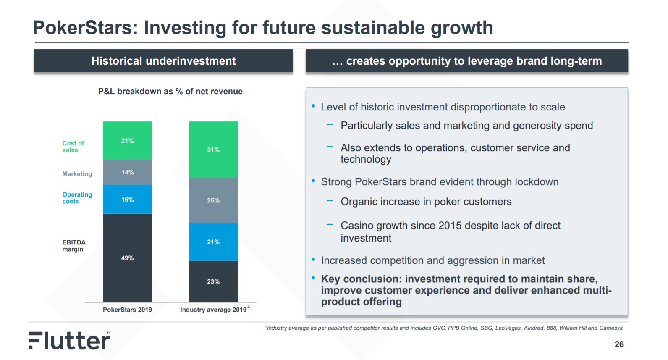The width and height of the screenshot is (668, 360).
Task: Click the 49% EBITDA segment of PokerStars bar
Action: [x=127, y=258]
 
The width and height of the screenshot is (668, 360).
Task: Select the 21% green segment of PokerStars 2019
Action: [x=127, y=141]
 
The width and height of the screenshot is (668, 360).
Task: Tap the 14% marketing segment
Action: [x=127, y=172]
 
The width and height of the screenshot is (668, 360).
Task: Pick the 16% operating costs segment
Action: [x=127, y=200]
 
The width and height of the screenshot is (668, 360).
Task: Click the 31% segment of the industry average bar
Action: [x=213, y=150]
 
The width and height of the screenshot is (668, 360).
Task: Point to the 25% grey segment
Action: [x=213, y=200]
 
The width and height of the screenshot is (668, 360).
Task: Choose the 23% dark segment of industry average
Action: [x=213, y=281]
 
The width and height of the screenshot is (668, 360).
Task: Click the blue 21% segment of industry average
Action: [x=213, y=242]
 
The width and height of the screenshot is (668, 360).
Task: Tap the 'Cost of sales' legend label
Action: [x=73, y=147]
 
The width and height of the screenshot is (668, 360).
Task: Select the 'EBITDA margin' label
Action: [x=74, y=246]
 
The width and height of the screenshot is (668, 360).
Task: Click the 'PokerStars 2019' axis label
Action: [x=127, y=310]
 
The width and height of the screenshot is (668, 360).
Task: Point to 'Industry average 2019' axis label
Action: [x=213, y=310]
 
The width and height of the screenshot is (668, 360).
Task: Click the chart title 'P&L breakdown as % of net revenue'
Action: [x=170, y=91]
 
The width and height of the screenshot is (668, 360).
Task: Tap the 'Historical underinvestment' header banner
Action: [x=163, y=61]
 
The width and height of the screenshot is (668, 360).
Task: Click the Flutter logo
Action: [x=70, y=341]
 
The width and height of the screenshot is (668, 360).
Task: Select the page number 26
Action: [x=619, y=344]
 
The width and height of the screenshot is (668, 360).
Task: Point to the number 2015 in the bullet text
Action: [x=450, y=226]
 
